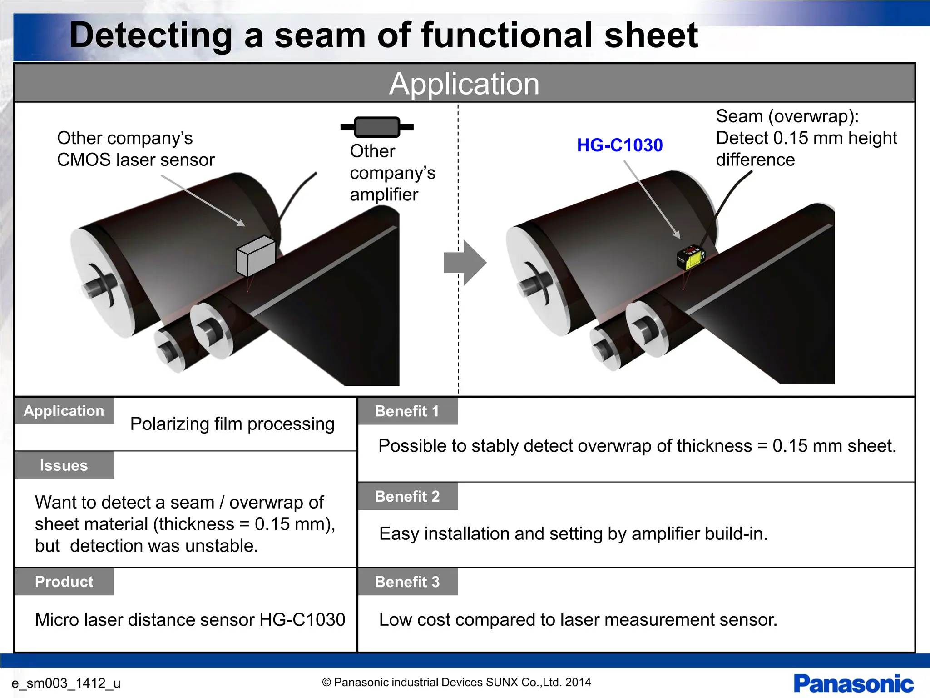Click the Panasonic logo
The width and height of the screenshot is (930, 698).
(x=854, y=684)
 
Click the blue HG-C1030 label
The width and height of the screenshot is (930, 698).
(x=620, y=145)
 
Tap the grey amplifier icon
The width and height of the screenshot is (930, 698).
(x=377, y=127)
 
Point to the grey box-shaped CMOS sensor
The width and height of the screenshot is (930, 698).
(x=256, y=256)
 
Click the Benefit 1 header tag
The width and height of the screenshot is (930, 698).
(x=407, y=411)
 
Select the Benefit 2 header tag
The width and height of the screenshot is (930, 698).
(x=407, y=496)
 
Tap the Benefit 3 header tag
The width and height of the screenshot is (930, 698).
(x=407, y=582)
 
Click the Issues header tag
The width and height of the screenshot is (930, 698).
(x=64, y=465)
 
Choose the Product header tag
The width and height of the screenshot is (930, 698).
(x=64, y=582)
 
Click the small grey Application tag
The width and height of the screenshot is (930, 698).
(x=64, y=411)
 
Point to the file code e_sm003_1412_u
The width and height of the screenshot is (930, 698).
(x=66, y=683)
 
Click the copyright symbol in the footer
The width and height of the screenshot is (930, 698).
(x=326, y=682)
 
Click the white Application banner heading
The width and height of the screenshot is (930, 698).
(x=464, y=84)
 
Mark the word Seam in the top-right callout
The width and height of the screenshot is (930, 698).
(x=739, y=117)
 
